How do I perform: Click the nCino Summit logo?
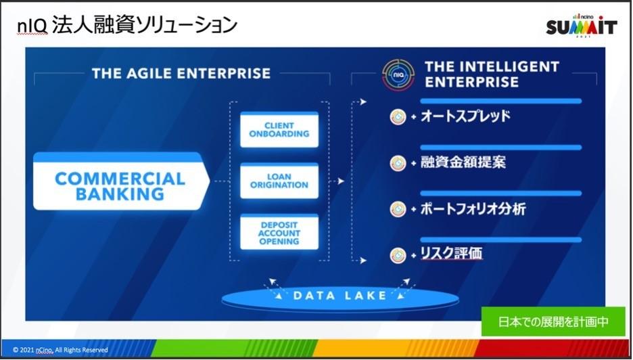[x=582, y=25]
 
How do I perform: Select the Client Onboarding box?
[x=279, y=130]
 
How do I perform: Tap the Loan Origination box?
[x=279, y=181]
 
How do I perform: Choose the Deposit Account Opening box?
[x=279, y=232]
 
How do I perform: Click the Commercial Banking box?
[x=120, y=181]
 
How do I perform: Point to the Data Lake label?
[x=339, y=295]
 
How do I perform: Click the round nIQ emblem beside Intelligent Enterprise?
[x=398, y=74]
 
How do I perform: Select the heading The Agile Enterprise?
[x=181, y=73]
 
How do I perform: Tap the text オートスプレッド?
[x=465, y=116]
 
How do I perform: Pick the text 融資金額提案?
[x=463, y=162]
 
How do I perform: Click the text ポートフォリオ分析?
[x=473, y=209]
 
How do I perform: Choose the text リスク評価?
[x=451, y=254]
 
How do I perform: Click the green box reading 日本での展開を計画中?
[x=553, y=321]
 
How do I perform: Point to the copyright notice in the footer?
[x=60, y=350]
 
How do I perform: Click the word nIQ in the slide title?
[x=32, y=26]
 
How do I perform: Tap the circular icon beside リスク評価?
[x=398, y=255]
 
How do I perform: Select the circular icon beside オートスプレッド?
[x=398, y=117]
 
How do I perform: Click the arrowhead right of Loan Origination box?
[x=341, y=181]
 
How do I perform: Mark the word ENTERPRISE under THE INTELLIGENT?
[x=471, y=82]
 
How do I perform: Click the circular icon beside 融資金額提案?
[x=398, y=163]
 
